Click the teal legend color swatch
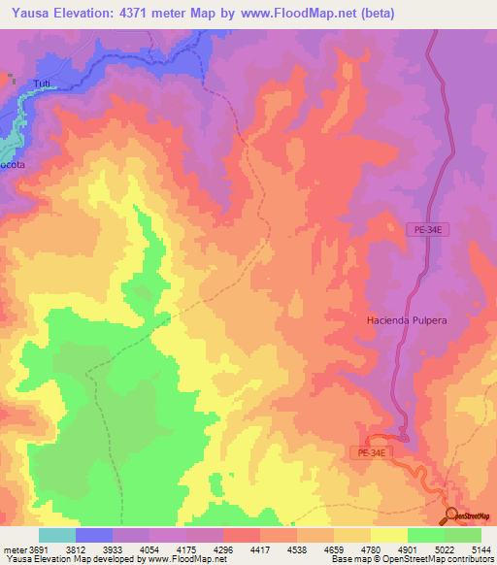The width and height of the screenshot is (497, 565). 57,535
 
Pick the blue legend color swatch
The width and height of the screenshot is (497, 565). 94,535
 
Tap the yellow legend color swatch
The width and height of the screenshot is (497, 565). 389,535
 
